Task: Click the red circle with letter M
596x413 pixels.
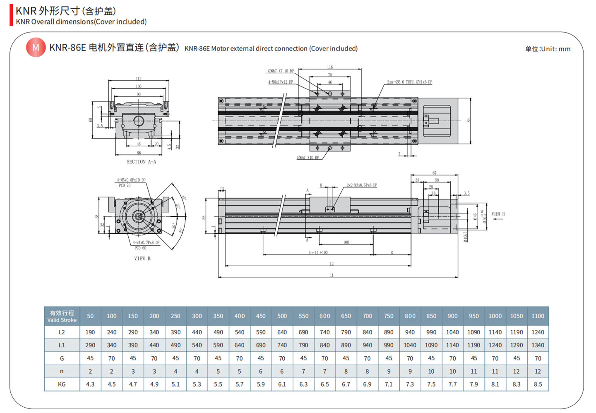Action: [36, 48]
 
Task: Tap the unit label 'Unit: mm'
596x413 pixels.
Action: [548, 49]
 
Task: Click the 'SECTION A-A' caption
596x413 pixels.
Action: [141, 162]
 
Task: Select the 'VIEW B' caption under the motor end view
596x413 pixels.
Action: [142, 259]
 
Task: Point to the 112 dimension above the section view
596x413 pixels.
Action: [139, 79]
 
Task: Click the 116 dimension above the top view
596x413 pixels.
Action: [330, 67]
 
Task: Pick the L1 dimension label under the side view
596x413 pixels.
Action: [331, 275]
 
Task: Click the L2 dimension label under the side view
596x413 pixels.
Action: [331, 264]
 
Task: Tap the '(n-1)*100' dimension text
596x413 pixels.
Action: [318, 252]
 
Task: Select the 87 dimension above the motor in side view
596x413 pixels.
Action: [434, 173]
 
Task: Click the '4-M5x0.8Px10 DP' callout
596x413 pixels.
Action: [131, 180]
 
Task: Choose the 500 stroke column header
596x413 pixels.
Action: [282, 316]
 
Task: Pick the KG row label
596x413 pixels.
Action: [62, 384]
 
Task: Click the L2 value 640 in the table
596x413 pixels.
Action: [282, 332]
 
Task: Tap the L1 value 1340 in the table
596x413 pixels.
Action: [538, 345]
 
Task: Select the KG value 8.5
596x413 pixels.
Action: [538, 384]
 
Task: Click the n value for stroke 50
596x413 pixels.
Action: [90, 372]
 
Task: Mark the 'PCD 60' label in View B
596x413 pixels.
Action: [140, 248]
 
